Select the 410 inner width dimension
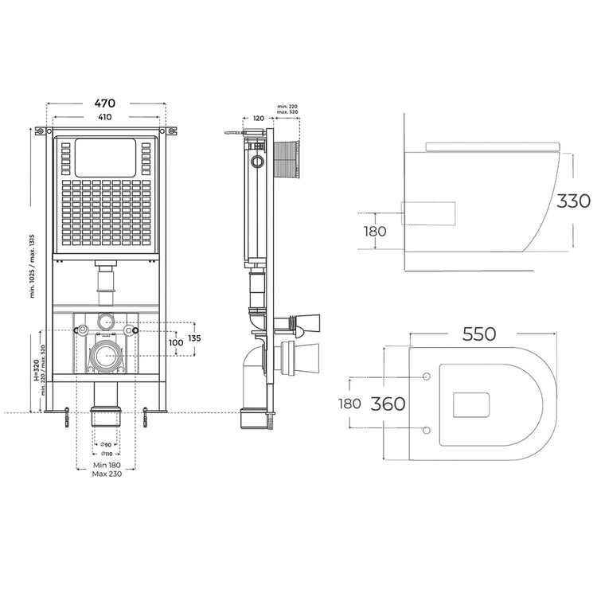104,117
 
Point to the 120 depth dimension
258,118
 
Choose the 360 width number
389,404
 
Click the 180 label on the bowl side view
375,232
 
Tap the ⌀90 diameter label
104,444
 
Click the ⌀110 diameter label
104,454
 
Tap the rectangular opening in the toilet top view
469,404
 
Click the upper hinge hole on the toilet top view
426,376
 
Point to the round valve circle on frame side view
256,162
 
